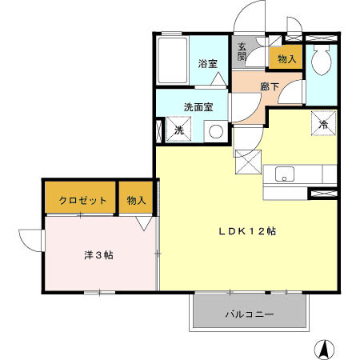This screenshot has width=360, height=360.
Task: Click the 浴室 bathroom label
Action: (x=207, y=64)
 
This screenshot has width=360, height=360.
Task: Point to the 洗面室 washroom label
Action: (x=198, y=106)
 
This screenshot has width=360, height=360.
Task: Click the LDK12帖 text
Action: (x=248, y=231)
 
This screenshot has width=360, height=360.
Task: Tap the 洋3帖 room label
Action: (x=98, y=255)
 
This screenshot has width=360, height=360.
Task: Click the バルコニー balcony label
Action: (x=249, y=314)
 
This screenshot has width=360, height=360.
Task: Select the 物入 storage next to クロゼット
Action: (x=137, y=200)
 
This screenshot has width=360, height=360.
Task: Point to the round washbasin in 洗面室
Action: (x=214, y=131)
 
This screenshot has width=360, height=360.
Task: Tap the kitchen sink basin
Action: (x=286, y=174)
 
